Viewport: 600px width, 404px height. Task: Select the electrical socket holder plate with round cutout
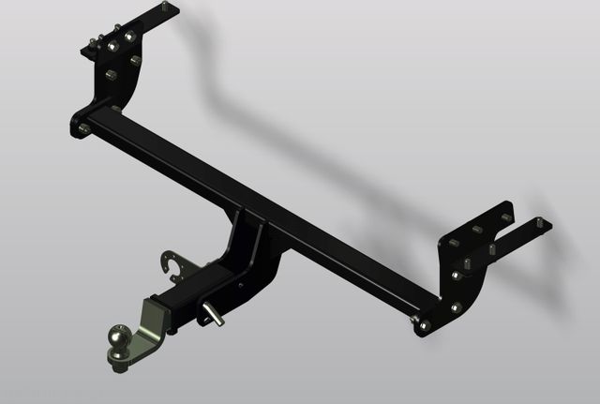click(174, 265)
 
